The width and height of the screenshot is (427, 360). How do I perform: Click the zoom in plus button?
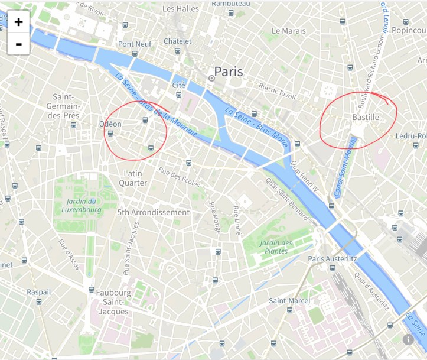point(18,22)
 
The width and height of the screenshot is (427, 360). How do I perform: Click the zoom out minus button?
point(18,44)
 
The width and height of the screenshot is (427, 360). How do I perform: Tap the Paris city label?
point(228,72)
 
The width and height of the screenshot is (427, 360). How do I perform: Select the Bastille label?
point(365,118)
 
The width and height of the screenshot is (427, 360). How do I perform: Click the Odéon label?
point(110,124)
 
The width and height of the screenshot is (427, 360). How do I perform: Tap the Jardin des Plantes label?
point(276,247)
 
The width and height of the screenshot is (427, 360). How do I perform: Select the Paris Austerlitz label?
point(332,259)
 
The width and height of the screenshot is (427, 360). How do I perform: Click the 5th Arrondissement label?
point(153,212)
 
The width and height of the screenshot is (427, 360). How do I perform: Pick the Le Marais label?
point(288,30)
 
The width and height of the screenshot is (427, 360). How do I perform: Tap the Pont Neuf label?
point(135,44)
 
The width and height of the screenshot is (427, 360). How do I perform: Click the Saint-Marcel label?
point(289,301)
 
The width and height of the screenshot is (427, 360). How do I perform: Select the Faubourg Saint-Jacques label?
point(113,301)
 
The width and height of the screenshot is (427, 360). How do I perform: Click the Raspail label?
point(38,292)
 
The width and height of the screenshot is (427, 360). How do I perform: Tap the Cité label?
point(178,85)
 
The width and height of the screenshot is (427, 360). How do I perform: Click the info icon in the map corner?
point(408,339)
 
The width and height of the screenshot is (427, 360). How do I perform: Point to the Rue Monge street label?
point(214,217)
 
